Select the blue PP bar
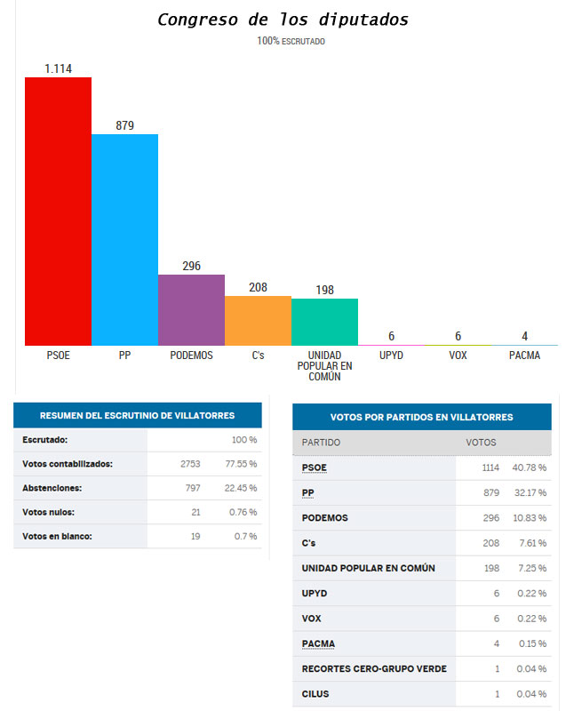click(124, 240)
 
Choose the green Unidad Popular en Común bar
click(324, 322)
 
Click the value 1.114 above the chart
click(58, 68)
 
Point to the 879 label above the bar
click(124, 125)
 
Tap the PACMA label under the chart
click(524, 355)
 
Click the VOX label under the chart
click(458, 355)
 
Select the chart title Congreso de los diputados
click(283, 20)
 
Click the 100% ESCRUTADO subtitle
click(291, 41)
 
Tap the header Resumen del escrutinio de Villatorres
click(138, 415)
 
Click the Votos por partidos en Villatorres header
click(421, 417)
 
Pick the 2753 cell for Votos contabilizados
click(190, 463)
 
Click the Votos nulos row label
click(49, 511)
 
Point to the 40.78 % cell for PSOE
click(530, 467)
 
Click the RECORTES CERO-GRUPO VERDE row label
click(374, 668)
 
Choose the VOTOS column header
click(481, 442)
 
